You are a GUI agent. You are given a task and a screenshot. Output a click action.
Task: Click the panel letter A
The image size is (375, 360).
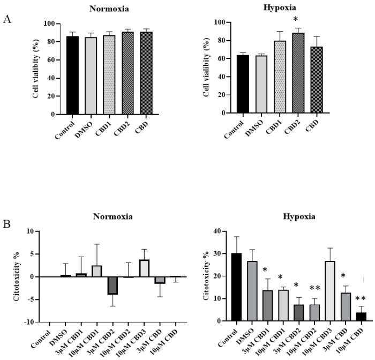click(x=7, y=19)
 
